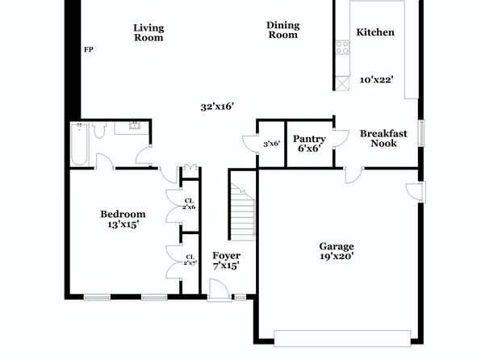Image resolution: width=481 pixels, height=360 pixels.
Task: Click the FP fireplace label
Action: click(89, 49)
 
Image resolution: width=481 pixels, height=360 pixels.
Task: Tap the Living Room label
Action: click(148, 32)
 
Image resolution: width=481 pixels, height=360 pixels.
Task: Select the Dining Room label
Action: click(282, 30)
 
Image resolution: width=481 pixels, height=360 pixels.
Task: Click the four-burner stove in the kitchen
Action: click(342, 48)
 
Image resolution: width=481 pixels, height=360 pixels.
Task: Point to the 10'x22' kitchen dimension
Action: click(376, 80)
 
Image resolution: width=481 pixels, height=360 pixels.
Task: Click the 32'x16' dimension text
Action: click(217, 107)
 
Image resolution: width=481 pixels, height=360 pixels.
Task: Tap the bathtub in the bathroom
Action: click(79, 144)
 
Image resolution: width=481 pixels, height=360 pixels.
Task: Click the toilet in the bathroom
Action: click(98, 130)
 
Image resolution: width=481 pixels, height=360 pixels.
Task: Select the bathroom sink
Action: click(135, 125)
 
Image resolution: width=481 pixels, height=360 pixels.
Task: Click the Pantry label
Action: click(309, 139)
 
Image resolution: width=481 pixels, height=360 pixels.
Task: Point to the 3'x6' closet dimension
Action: click(271, 144)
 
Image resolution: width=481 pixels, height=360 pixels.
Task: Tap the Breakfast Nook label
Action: click(383, 138)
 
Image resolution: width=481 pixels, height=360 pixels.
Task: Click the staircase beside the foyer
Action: click(243, 211)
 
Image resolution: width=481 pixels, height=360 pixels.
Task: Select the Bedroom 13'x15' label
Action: click(123, 219)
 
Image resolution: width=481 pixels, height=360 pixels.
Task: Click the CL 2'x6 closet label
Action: click(189, 203)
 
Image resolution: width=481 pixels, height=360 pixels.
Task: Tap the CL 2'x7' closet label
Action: click(190, 260)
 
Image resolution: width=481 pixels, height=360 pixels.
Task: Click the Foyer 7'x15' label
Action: click(227, 260)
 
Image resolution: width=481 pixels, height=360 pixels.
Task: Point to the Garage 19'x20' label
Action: click(337, 251)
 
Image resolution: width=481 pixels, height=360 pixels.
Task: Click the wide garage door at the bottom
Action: click(342, 338)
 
